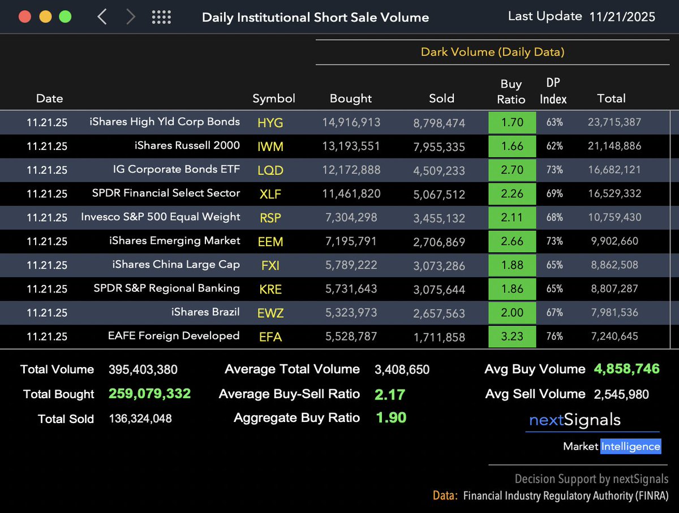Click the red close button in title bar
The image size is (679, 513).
point(25,16)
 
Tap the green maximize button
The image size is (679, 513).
point(66,16)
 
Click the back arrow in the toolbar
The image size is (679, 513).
point(102,17)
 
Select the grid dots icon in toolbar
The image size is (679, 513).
point(161,17)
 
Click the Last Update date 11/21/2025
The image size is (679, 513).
point(622,16)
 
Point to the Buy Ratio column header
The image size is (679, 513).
point(511,92)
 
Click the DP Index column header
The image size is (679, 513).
point(553,92)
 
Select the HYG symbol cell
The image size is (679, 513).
point(270,123)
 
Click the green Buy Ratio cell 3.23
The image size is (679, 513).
point(512,337)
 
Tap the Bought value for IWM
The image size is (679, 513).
point(351,146)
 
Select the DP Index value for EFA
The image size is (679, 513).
point(554,337)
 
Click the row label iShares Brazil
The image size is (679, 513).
point(205,312)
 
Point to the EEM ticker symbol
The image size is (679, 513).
point(270,242)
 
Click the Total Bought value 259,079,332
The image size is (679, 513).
point(149,394)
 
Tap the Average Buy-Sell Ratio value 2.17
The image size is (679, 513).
point(390,394)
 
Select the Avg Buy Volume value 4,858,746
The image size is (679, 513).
point(626,369)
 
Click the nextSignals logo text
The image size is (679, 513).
point(574,420)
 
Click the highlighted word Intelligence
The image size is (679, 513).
point(630,446)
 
